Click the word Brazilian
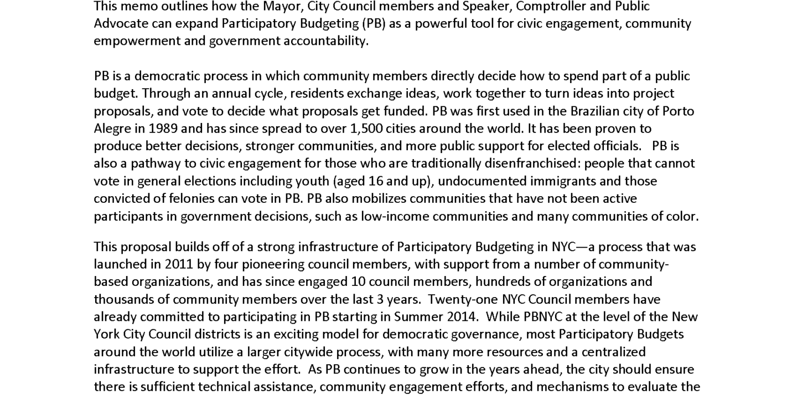pos(597,111)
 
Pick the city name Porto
pos(679,111)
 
